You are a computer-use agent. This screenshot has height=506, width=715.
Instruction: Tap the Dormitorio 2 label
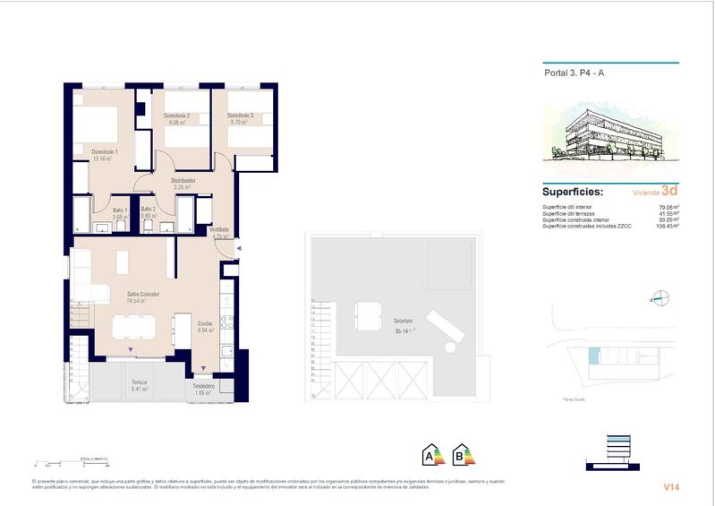point(176,116)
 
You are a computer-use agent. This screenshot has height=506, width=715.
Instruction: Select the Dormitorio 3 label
point(240,116)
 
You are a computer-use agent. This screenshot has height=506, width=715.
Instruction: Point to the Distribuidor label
point(183,180)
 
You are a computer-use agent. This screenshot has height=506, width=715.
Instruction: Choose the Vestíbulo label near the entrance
point(219,230)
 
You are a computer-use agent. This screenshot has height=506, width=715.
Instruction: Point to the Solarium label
point(403,320)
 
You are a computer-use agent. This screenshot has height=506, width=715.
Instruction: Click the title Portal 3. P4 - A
point(574,75)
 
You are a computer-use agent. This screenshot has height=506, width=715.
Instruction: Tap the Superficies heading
point(573,192)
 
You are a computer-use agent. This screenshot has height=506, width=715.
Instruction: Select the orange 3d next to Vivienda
point(668,191)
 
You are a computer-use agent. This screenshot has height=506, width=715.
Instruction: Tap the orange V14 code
point(670,487)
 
